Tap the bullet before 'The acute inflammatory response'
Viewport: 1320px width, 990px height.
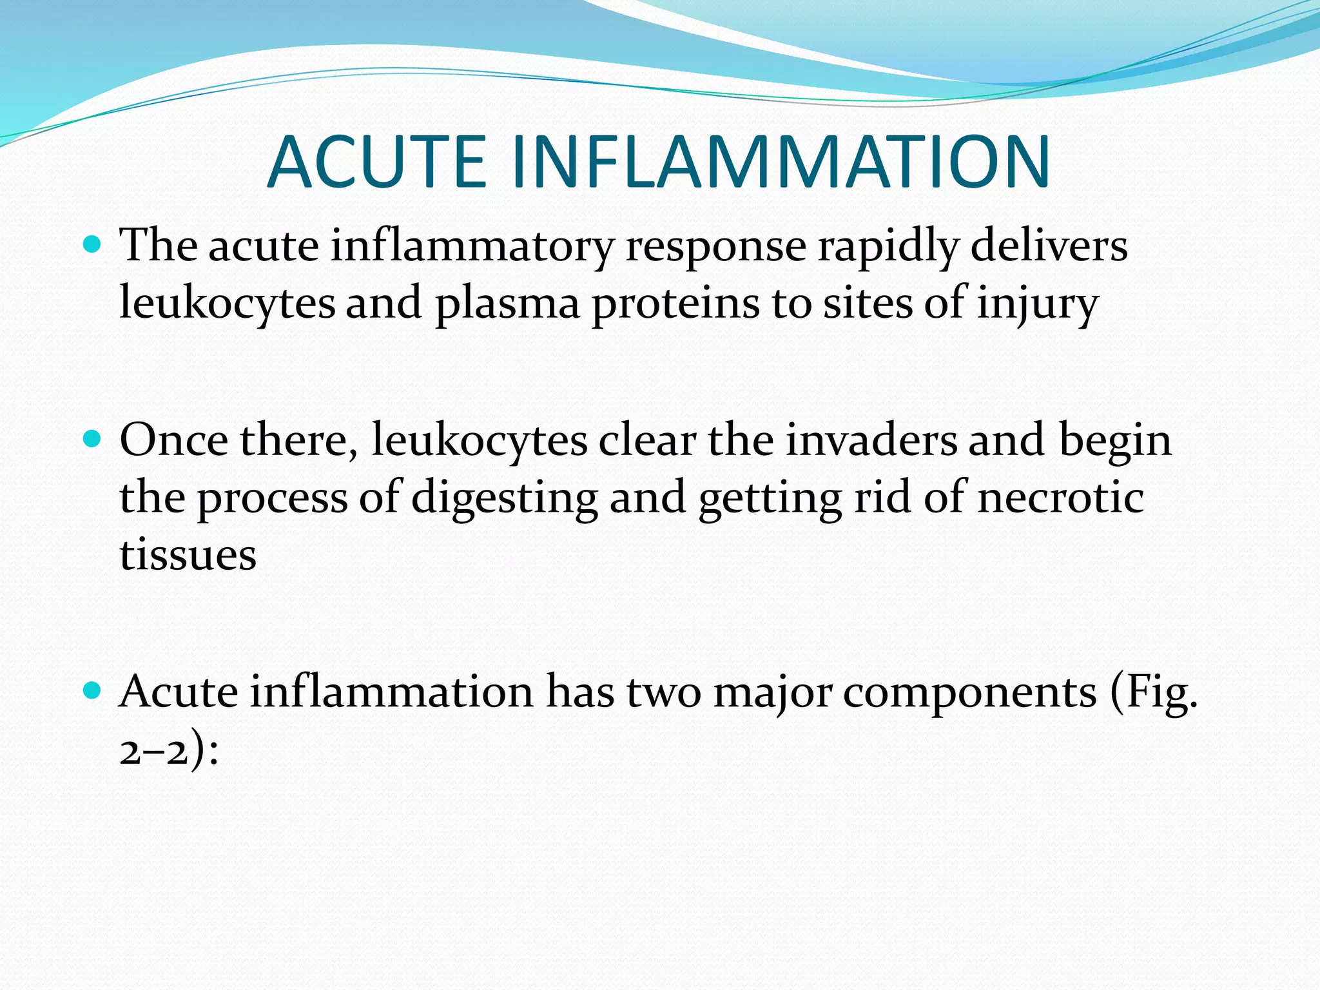coord(93,245)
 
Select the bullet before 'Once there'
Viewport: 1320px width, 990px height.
coord(93,440)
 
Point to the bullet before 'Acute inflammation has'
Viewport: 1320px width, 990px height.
coord(93,691)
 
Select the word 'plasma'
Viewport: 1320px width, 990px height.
coord(507,304)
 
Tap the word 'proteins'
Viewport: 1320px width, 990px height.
coord(675,304)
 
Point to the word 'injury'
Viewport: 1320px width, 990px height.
coord(1038,304)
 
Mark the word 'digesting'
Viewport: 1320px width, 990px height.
coord(505,500)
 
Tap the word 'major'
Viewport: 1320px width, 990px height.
coord(773,694)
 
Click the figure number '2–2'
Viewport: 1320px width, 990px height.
coord(154,752)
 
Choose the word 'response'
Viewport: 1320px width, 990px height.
coord(716,248)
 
